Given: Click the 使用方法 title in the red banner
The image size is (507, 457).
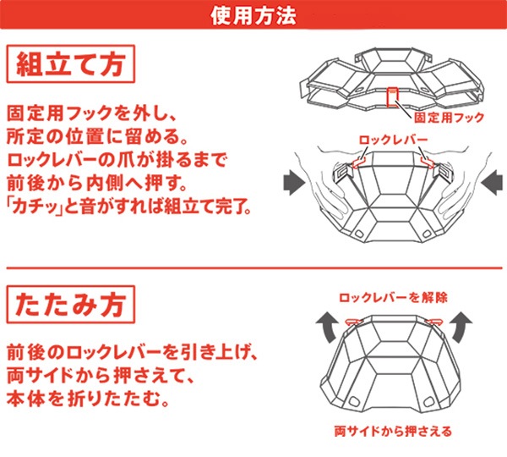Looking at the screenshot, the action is [x=253, y=15].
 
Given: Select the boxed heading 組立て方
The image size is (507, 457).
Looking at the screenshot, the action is [x=70, y=64].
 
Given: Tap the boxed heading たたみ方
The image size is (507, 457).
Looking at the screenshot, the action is [x=70, y=305].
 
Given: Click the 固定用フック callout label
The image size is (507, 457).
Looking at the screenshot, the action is [x=449, y=118].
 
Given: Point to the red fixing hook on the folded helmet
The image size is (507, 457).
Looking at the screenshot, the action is [x=393, y=96].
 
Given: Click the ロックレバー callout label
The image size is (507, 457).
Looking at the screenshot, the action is [x=393, y=140].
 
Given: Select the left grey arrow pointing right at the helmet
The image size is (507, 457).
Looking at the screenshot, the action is [x=294, y=183].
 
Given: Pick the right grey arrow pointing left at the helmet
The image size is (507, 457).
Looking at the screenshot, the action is [x=492, y=183].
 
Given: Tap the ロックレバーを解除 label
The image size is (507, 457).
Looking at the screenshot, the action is [x=393, y=297].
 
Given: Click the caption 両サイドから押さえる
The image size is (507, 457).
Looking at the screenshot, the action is [x=393, y=432].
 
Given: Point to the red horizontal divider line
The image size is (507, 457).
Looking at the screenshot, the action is [x=254, y=268].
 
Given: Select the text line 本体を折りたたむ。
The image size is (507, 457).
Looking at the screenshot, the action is [x=88, y=399].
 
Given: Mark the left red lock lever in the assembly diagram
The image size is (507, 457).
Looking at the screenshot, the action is [x=358, y=162].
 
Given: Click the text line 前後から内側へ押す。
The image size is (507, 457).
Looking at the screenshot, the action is [x=97, y=183].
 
